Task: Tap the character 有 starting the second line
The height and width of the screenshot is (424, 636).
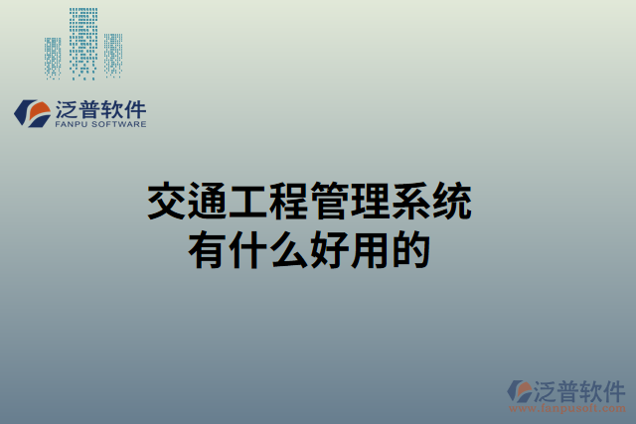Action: (207, 248)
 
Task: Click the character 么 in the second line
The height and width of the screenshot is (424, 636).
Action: (288, 248)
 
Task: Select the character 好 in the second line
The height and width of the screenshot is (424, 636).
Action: (329, 248)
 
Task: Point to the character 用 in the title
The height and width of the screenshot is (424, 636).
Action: (370, 248)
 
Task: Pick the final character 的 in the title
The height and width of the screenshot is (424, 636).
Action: (410, 248)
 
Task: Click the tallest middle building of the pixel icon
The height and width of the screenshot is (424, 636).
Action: (83, 42)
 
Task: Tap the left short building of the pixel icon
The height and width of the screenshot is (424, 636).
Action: (53, 58)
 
